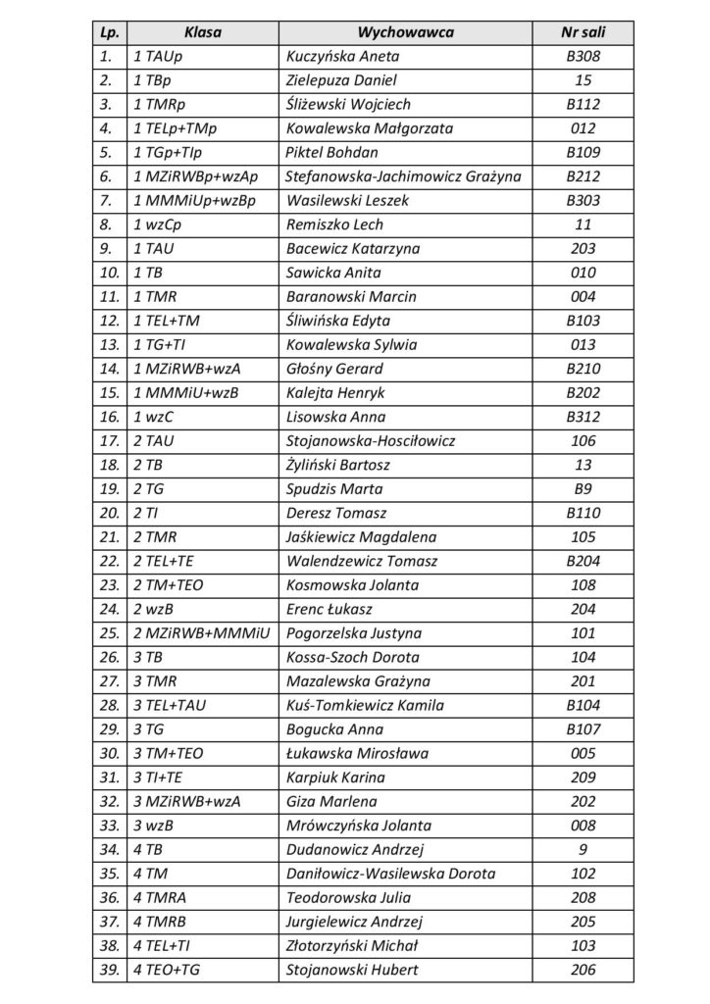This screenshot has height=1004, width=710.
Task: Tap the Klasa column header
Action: pos(203,32)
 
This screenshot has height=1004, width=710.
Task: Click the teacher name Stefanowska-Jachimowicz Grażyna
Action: pos(402,177)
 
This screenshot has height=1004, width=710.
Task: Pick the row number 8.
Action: pos(107,226)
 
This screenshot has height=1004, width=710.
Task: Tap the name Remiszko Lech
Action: pos(327,226)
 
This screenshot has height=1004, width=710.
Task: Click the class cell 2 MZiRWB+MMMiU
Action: pos(199,633)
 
